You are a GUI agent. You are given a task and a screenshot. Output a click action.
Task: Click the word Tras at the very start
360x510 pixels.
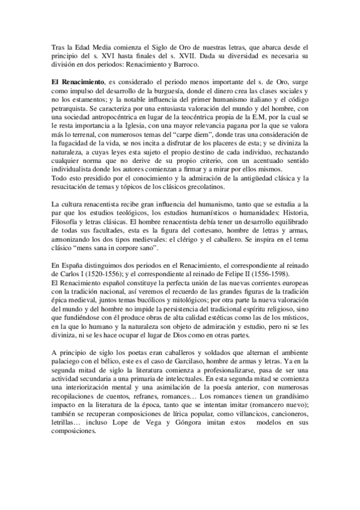[x=58, y=47]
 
